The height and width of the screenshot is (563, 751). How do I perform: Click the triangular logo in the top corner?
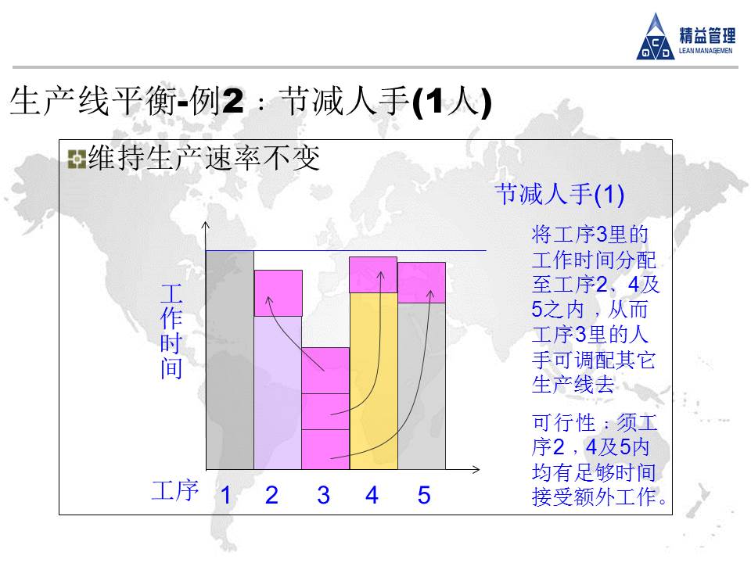tap(656, 38)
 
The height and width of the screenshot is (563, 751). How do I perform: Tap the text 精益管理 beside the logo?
tap(707, 35)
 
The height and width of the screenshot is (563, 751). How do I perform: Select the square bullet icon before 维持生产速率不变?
tap(77, 160)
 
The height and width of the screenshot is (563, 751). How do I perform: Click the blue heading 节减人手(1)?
tap(559, 194)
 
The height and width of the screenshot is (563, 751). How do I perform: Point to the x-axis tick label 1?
tap(226, 495)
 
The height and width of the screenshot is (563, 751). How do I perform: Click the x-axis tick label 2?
tap(271, 495)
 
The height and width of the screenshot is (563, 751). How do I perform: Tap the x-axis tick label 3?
tap(323, 495)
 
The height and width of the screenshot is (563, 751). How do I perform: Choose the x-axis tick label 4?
tap(372, 495)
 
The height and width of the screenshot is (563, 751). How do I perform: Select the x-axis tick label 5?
tap(424, 495)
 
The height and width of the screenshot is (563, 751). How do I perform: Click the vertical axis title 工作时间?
tap(171, 332)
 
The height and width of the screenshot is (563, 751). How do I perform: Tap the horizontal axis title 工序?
tap(174, 491)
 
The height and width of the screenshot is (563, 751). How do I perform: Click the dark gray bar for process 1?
tap(230, 360)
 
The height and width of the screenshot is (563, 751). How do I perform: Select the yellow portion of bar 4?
tap(374, 381)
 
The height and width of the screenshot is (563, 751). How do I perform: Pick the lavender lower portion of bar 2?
tap(278, 393)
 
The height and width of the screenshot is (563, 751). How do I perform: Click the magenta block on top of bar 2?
tap(278, 293)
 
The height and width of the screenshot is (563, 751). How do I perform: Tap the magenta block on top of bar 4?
tap(373, 274)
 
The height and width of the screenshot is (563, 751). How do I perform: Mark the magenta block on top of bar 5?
tap(422, 282)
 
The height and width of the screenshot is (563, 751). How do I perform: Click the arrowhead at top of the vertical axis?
tap(206, 224)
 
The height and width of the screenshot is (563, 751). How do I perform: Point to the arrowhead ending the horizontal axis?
tap(476, 470)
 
